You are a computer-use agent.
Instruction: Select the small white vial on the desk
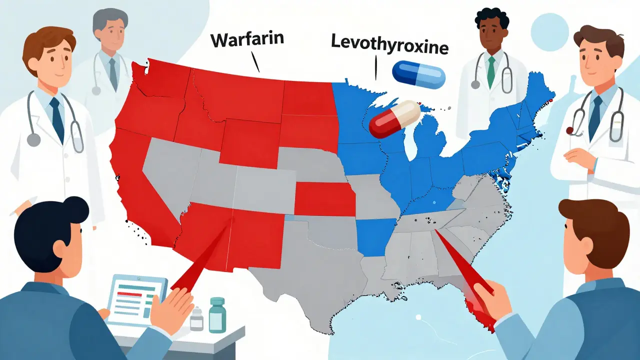point(197,318)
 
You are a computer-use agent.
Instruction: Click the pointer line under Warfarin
point(256,63)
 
